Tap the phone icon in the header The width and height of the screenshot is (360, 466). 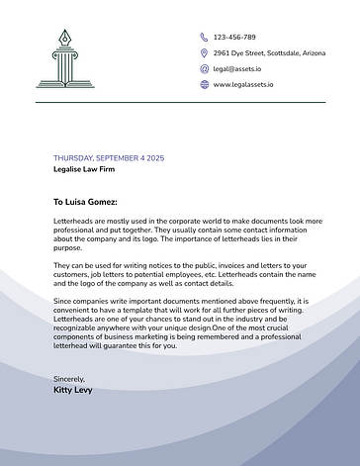pyautogui.click(x=203, y=36)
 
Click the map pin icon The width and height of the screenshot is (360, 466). pyautogui.click(x=203, y=52)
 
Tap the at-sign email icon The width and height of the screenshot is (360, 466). pyautogui.click(x=203, y=69)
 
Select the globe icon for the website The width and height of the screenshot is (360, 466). pyautogui.click(x=203, y=85)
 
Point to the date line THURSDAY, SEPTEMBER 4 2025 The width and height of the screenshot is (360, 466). pyautogui.click(x=109, y=158)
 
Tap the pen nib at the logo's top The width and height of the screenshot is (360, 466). pyautogui.click(x=66, y=37)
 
